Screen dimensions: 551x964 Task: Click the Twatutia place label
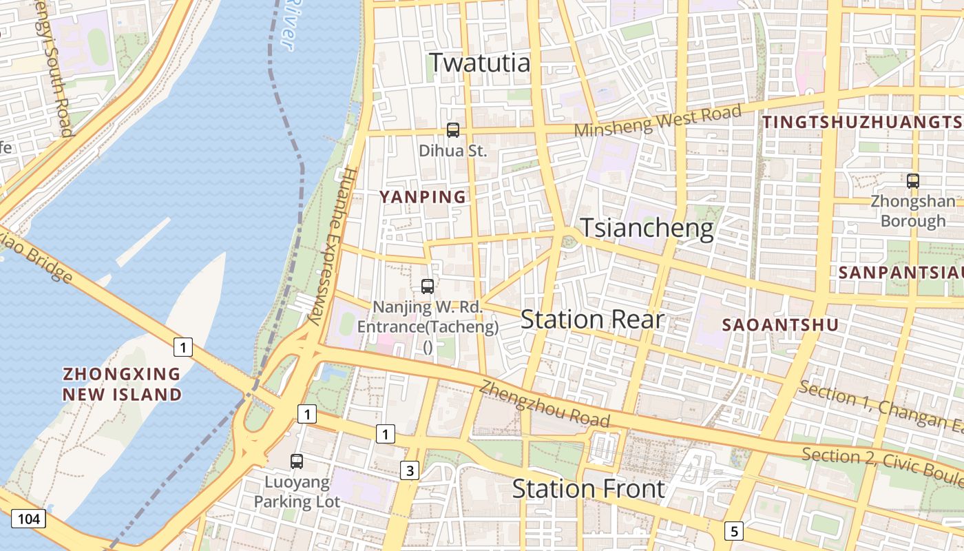pos(480,63)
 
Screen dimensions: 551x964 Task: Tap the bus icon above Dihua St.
pos(453,129)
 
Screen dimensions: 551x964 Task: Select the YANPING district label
pos(423,197)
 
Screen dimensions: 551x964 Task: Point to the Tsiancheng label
pos(647,228)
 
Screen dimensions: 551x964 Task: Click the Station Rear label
pos(592,320)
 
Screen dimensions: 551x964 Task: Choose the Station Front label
pos(588,489)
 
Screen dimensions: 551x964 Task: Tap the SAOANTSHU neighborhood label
pos(780,325)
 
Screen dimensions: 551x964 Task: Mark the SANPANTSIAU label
pos(900,272)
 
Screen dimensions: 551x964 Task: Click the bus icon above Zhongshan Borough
pos(913,181)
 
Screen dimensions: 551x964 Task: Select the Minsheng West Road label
pos(658,121)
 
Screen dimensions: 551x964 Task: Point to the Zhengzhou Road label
pos(545,404)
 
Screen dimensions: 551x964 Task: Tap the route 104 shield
pos(28,519)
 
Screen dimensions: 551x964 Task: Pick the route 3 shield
pos(410,471)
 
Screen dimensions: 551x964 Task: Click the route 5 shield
pos(734,531)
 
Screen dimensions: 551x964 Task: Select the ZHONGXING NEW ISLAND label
pos(122,384)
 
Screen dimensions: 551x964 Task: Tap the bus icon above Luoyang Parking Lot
pos(297,461)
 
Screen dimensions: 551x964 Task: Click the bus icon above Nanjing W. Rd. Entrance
pos(428,286)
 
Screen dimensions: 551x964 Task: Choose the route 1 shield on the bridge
pos(182,348)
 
